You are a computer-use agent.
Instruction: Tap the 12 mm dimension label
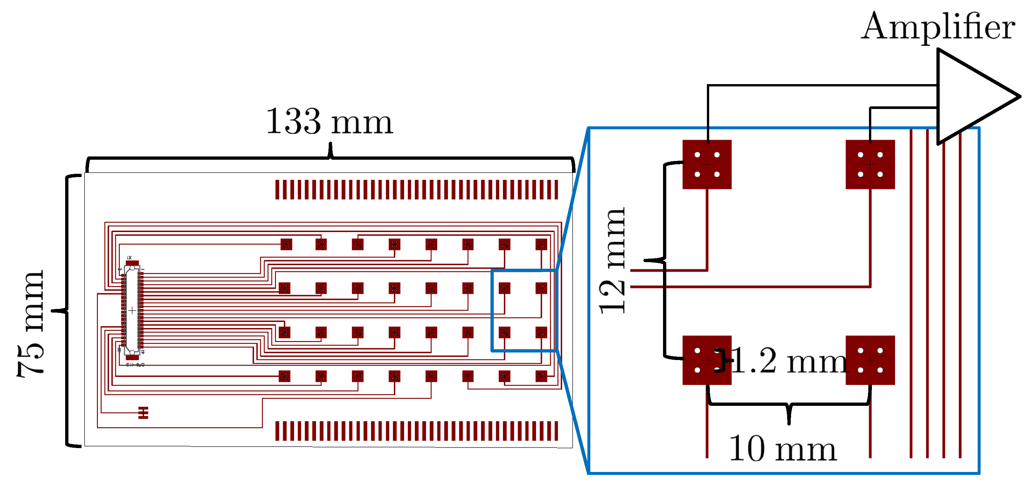pos(612,261)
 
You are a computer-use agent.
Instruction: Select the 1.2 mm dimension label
pos(788,361)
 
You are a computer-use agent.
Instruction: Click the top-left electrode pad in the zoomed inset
pos(707,164)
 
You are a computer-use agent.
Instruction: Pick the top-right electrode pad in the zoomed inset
pos(870,164)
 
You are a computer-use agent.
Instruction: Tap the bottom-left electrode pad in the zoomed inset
pos(707,360)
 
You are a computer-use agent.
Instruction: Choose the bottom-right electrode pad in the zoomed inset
pos(870,360)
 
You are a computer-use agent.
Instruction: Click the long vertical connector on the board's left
pos(132,310)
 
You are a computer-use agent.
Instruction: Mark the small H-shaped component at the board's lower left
pos(143,412)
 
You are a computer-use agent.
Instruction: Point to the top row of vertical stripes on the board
pos(416,189)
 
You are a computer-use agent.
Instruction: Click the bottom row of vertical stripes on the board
pos(416,431)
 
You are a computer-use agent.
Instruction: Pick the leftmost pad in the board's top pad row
pos(286,244)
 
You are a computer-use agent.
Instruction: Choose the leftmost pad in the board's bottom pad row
pos(284,376)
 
